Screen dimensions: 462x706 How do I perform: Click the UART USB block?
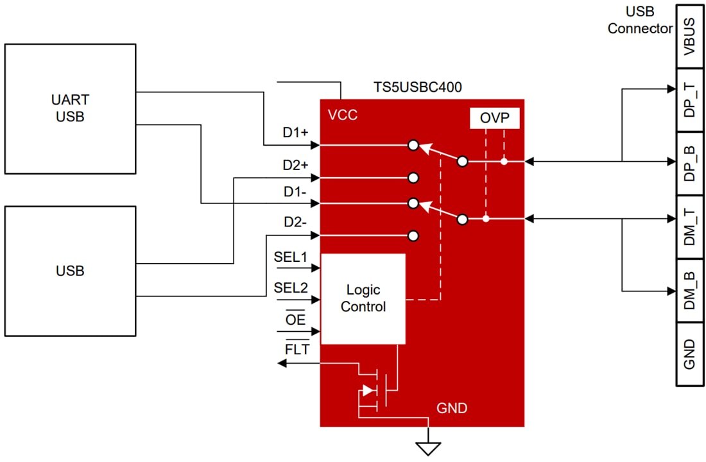70,108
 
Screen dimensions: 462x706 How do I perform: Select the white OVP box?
494,118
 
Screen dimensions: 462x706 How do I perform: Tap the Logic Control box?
363,298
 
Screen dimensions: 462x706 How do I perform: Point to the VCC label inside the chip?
343,116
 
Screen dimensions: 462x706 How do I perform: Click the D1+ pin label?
296,133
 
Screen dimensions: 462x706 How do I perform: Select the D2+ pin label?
296,165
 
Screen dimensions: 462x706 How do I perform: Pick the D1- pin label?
296,191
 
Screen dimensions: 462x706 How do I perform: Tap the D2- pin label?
296,223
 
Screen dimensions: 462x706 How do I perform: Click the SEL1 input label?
291,257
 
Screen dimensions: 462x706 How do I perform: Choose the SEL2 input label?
291,287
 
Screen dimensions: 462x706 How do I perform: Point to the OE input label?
295,319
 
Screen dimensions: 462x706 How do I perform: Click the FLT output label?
297,350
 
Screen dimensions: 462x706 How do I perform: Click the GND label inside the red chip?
452,408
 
